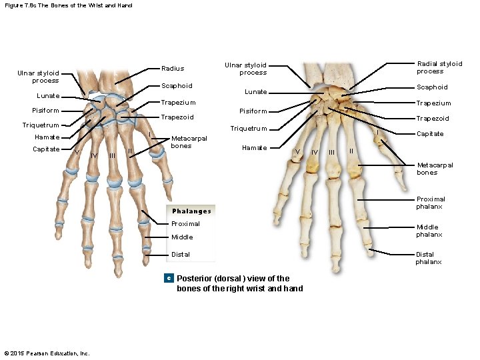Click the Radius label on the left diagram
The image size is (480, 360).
173,69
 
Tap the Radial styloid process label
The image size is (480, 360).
439,67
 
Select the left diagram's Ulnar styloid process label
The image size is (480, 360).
38,77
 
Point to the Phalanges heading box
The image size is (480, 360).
191,211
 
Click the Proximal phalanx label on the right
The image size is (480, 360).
430,203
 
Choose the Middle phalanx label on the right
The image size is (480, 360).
429,231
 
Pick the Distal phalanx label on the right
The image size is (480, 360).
429,258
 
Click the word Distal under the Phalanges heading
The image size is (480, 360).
181,255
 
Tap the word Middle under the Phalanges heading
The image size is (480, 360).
182,237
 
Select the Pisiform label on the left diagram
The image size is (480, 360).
45,111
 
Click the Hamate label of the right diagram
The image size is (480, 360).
254,148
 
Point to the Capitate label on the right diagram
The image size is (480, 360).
430,134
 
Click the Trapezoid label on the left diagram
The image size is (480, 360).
177,117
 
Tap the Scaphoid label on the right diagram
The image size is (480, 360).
432,87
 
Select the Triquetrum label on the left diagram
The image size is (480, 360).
41,125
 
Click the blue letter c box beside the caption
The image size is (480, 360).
169,277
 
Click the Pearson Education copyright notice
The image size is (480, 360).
47,353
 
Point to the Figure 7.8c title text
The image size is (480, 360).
69,5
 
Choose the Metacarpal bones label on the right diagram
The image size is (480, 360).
435,169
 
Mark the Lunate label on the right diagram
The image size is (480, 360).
255,92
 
